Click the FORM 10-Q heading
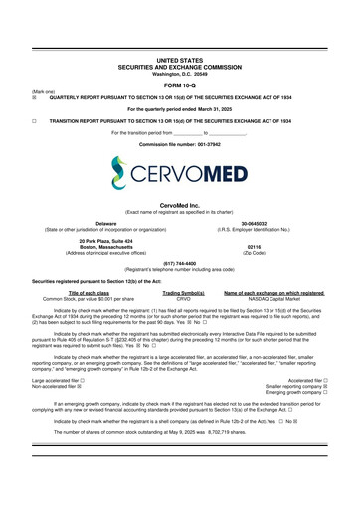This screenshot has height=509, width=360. click(179, 83)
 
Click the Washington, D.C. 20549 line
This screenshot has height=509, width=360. click(179, 71)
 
